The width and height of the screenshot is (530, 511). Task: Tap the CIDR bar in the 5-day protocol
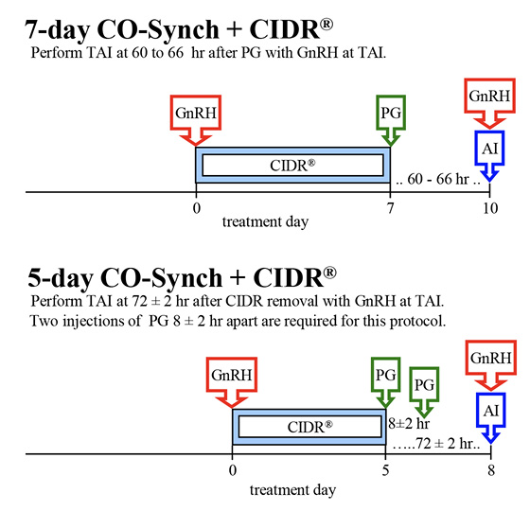point(310,426)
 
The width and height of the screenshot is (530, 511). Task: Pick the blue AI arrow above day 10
point(489,150)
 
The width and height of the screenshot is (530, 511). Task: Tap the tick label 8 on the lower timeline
point(489,470)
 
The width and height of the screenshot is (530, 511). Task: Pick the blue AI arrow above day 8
point(489,413)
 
